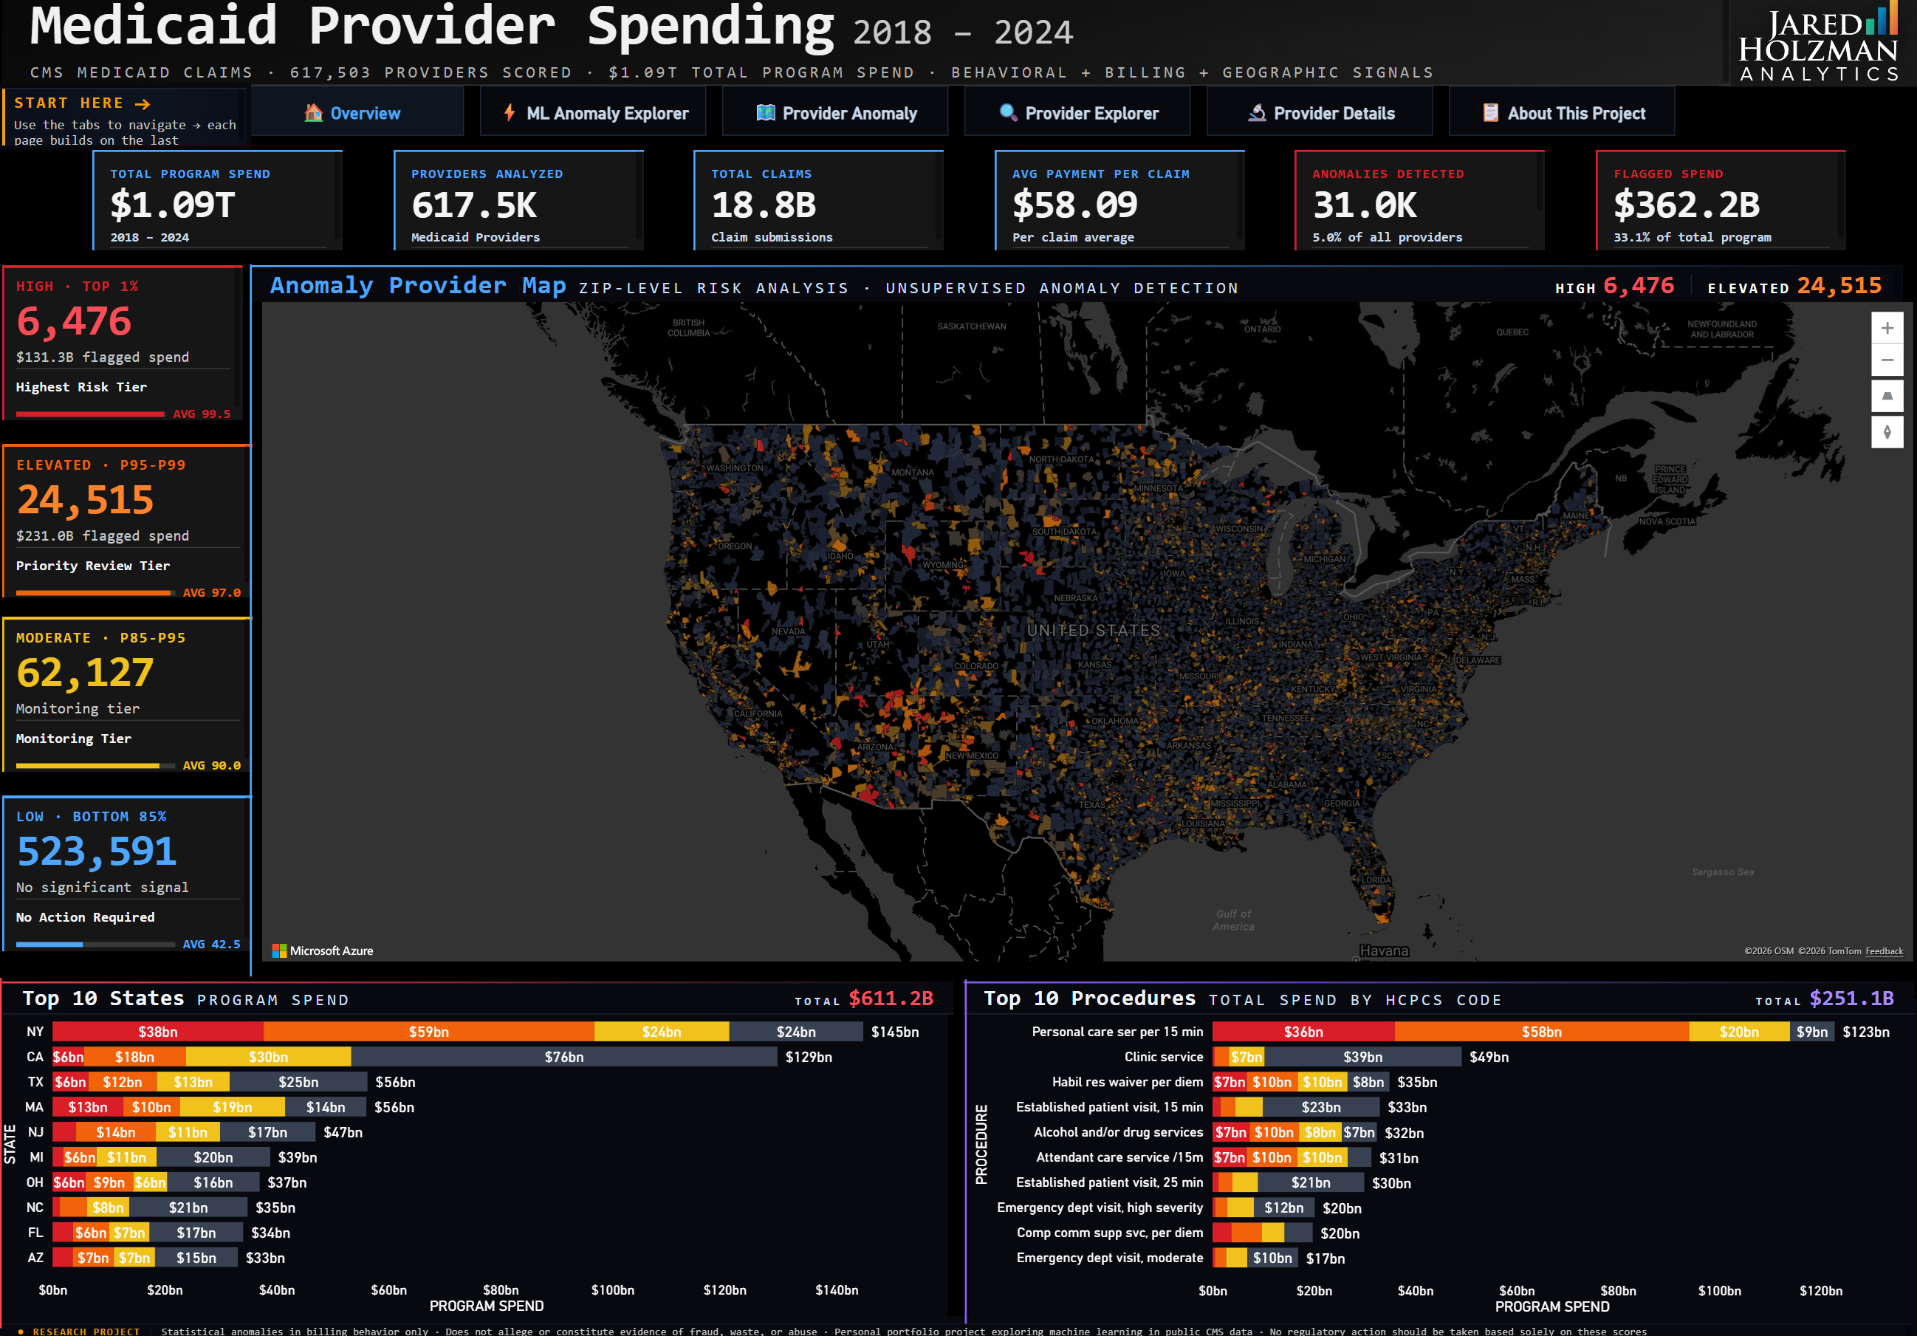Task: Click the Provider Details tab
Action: pos(1321,114)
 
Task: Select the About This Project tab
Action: pos(1563,114)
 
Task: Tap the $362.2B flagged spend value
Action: pos(1686,205)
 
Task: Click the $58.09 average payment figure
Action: pos(1074,205)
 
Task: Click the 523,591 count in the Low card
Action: pos(96,852)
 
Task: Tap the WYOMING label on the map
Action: pos(943,565)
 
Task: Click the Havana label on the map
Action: pos(1384,951)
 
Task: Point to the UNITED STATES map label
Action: pos(1093,631)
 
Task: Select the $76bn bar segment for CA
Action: pos(563,1057)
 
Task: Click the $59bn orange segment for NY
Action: pos(428,1032)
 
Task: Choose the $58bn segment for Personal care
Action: pos(1540,1032)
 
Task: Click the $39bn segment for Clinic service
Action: pos(1362,1057)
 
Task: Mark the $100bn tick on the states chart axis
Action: pos(612,1290)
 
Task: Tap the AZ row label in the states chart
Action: pos(35,1258)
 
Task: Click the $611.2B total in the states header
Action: pos(890,998)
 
